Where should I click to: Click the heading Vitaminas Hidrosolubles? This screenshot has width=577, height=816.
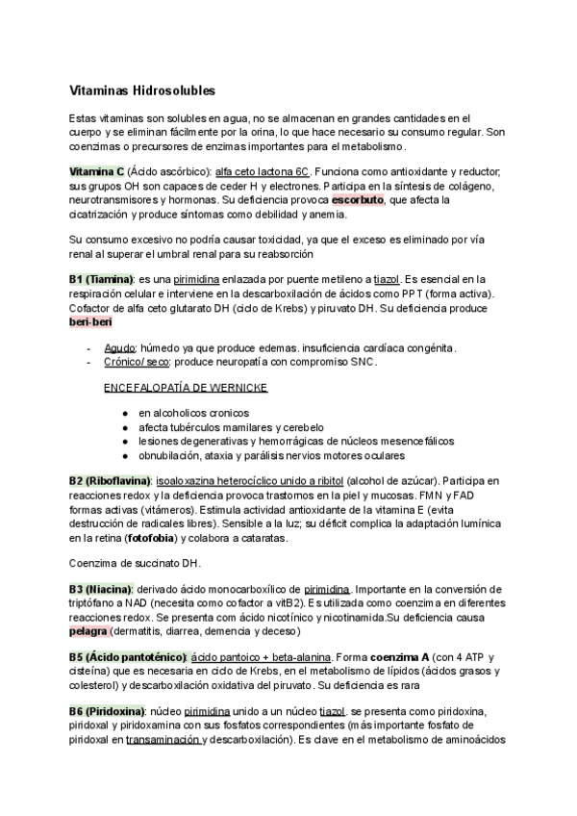pyautogui.click(x=142, y=89)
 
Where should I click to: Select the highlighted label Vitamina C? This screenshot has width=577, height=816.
pyautogui.click(x=97, y=170)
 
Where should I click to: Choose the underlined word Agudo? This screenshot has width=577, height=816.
pyautogui.click(x=120, y=347)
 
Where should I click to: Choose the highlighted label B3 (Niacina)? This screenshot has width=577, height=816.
pyautogui.click(x=101, y=587)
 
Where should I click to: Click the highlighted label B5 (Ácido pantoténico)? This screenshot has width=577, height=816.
pyautogui.click(x=127, y=657)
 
